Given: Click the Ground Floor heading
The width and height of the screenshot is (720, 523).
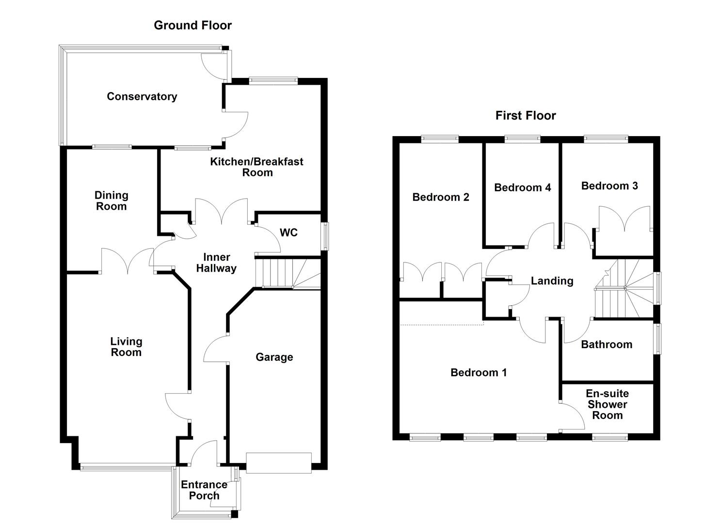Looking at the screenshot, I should tap(192, 26).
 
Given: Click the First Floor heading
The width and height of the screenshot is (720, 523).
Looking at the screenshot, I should tap(526, 116).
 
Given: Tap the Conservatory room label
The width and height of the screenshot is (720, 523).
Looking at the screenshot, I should tap(142, 96).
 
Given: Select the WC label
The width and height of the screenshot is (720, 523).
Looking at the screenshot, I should tap(288, 233).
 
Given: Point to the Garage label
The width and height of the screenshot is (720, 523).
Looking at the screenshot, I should tap(274, 357).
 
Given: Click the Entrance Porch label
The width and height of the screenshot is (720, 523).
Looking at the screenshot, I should tap(204, 490).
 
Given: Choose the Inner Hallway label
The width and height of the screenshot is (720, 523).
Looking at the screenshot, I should tap(216, 263).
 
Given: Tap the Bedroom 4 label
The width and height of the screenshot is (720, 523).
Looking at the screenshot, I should tap(522, 188).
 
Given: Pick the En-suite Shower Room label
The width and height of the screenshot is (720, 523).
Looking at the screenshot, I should tap(607, 404).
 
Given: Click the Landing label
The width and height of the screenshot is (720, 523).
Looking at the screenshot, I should tap(552, 281).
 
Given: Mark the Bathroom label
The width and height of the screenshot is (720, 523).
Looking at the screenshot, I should tap(607, 345).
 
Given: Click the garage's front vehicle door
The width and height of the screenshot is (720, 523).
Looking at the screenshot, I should tap(278, 462).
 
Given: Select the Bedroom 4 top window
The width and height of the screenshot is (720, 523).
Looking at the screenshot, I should tap(522, 139).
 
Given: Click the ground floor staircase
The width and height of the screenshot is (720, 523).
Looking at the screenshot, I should tap(286, 274).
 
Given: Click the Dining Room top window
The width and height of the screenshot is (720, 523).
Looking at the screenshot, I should tap(112, 146).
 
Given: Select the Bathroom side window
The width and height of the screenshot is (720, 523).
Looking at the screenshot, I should tap(657, 339).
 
